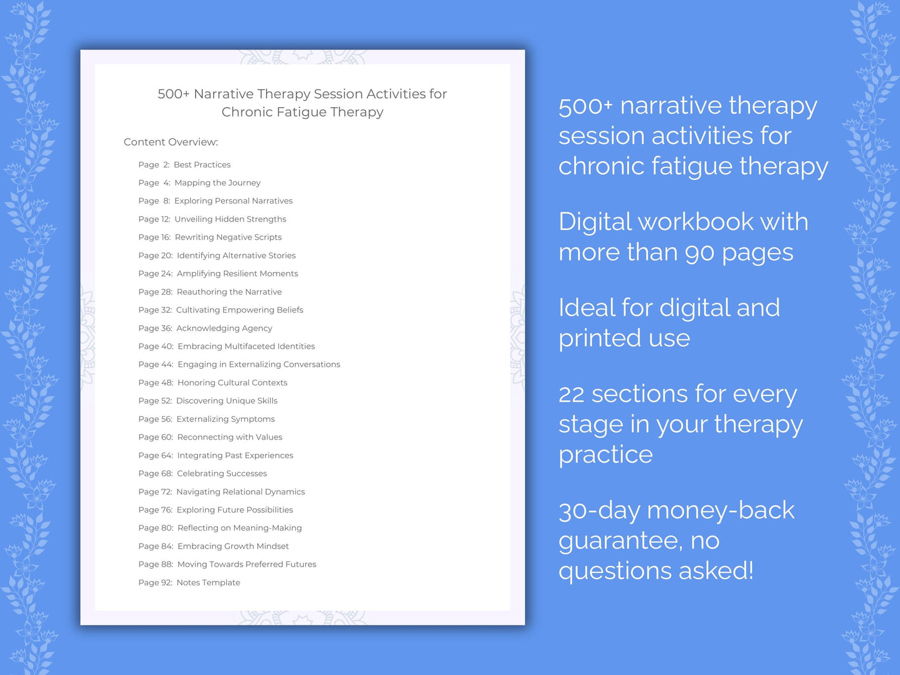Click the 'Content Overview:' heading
click(171, 142)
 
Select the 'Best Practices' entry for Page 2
click(202, 164)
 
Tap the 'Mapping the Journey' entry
click(217, 182)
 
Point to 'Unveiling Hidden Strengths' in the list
click(230, 219)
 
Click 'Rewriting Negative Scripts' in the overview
click(228, 237)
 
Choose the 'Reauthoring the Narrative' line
click(229, 291)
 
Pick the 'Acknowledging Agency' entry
click(224, 328)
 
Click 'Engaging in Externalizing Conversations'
click(258, 364)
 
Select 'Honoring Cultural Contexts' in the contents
click(232, 382)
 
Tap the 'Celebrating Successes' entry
click(222, 473)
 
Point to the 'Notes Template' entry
click(208, 582)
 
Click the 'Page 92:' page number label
click(155, 582)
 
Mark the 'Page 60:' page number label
click(156, 437)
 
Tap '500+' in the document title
click(173, 94)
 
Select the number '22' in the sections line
click(571, 394)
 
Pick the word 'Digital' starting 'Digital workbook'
click(594, 222)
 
